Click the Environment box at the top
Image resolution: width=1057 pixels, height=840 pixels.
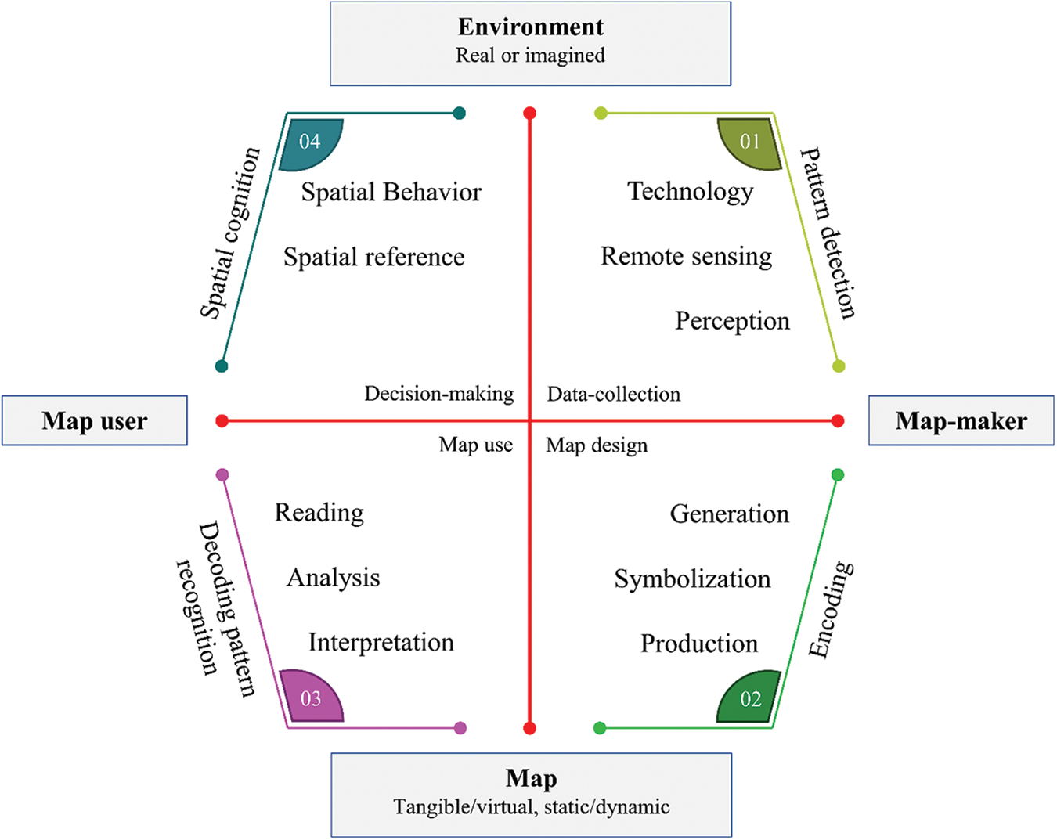pos(530,43)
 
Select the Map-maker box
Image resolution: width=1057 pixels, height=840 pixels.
pos(961,421)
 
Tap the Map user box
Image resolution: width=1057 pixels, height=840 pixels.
pos(95,421)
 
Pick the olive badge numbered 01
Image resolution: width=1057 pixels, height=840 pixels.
pos(750,142)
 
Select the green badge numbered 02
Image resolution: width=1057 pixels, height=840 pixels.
pos(750,698)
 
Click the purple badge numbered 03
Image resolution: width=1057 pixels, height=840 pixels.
pos(311,697)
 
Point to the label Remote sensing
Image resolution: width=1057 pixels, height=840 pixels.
pos(686,257)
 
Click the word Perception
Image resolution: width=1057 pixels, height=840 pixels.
pos(732,321)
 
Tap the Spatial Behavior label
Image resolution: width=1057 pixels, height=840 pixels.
pos(391,193)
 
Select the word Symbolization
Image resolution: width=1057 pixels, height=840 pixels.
pos(692,579)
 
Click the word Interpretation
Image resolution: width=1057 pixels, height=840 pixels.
pos(381,643)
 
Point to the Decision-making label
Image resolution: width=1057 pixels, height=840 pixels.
pos(438,394)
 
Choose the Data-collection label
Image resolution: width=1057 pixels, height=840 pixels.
pos(613,394)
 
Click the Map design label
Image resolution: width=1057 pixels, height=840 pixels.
pos(597,445)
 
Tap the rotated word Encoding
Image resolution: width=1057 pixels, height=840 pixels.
pos(831,609)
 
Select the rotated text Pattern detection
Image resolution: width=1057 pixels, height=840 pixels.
pos(828,233)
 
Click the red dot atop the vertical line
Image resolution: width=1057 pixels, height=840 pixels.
pos(530,114)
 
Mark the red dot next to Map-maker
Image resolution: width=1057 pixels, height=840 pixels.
pos(838,421)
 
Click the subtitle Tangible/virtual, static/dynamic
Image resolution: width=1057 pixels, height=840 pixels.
pos(531,807)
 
